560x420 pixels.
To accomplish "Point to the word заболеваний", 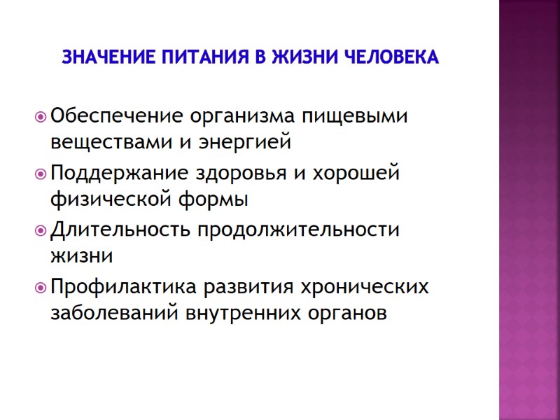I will (x=114, y=315).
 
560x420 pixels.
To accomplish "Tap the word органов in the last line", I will (x=349, y=315).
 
